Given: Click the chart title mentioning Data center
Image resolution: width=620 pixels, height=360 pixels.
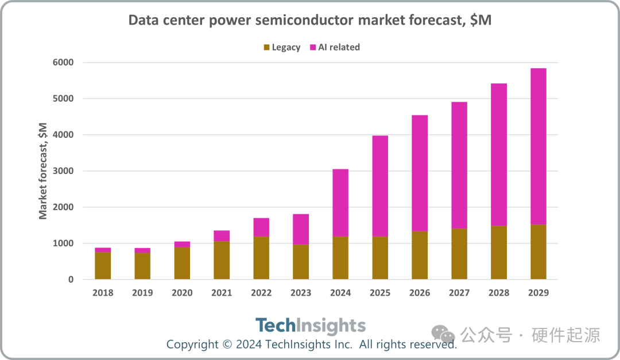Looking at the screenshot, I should click(309, 21).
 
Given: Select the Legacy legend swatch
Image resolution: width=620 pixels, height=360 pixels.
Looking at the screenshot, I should click(266, 47).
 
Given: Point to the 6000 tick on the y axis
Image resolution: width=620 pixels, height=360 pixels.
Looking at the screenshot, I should click(63, 63).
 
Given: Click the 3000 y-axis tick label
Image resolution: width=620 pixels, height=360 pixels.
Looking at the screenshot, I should click(63, 171).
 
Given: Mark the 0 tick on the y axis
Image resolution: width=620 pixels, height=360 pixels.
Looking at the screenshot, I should click(71, 280).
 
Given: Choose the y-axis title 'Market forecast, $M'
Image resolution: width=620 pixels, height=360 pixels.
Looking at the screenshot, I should click(43, 171).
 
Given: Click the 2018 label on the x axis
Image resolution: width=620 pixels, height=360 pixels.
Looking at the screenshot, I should click(103, 293).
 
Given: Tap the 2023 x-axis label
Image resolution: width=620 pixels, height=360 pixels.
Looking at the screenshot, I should click(301, 293).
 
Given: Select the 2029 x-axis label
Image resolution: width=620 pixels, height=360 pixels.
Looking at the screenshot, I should click(538, 293).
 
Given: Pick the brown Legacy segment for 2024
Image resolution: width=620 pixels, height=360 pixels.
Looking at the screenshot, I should click(340, 258).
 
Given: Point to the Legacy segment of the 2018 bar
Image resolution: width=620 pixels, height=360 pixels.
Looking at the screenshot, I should click(103, 266).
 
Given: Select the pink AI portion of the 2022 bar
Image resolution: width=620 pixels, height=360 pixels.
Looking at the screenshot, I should click(261, 227).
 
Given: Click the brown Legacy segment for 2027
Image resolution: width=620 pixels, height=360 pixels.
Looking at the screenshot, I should click(459, 254).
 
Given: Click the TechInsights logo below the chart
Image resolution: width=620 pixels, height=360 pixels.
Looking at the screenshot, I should click(310, 326).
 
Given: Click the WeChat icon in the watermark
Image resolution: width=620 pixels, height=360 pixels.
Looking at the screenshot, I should click(443, 334).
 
